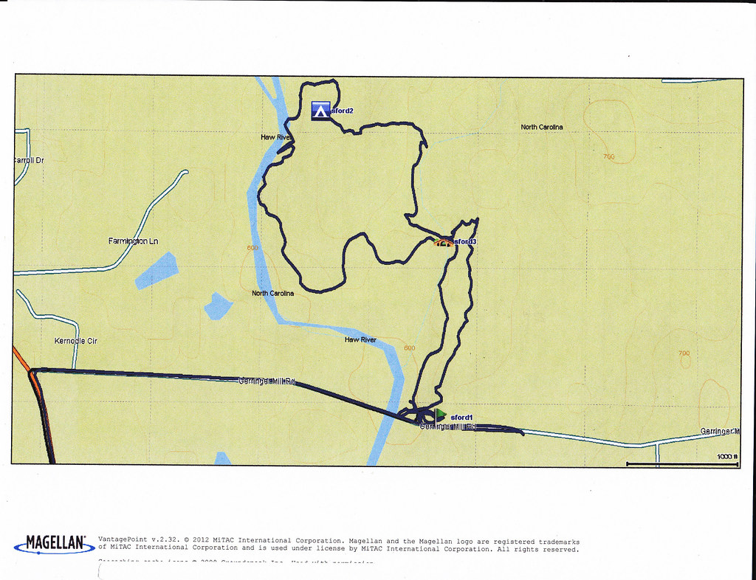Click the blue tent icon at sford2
click(320, 111)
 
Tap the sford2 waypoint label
click(342, 111)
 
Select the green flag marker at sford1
click(441, 415)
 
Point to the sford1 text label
click(461, 418)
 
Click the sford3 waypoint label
click(465, 241)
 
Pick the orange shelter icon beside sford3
click(444, 241)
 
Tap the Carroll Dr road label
click(29, 161)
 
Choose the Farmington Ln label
click(133, 241)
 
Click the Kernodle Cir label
click(76, 341)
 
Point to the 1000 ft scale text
click(727, 457)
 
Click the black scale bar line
click(682, 463)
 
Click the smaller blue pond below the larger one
click(218, 305)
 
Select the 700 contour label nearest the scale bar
click(684, 353)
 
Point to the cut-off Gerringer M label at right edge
click(720, 431)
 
